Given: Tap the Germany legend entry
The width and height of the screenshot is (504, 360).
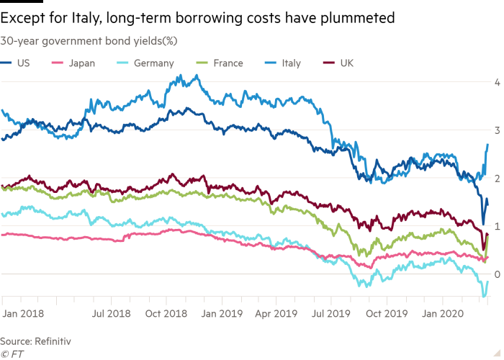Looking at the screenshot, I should (x=153, y=63).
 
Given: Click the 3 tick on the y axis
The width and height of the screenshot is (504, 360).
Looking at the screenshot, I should (x=496, y=130).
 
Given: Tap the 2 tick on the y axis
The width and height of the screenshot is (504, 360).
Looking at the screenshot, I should (x=496, y=177).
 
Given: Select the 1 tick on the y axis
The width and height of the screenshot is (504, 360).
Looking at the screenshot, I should (x=496, y=225).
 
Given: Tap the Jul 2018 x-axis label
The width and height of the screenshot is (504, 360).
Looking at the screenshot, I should (x=112, y=314).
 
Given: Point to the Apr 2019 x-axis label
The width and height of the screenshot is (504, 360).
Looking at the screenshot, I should (x=277, y=314).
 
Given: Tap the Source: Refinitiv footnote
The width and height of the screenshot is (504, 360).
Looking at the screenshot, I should (x=35, y=341).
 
